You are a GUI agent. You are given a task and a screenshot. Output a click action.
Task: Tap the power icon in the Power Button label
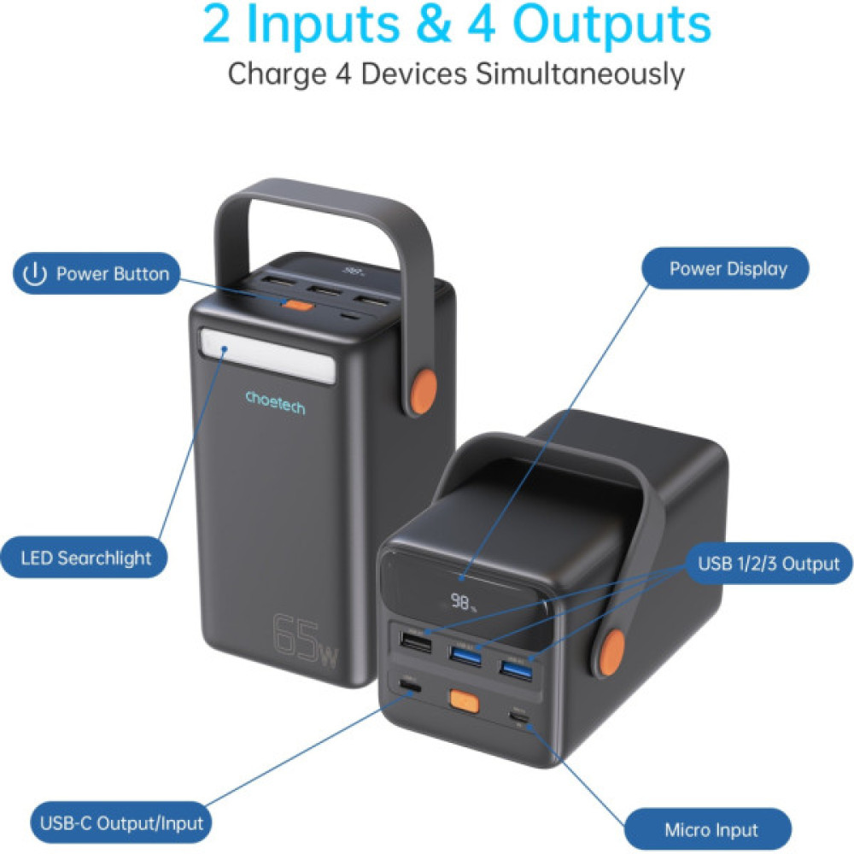(x=34, y=274)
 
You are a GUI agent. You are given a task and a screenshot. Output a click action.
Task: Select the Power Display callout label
(x=727, y=269)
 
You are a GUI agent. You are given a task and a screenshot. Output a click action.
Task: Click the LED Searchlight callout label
(x=85, y=559)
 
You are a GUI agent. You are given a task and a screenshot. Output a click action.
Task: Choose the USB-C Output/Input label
(x=122, y=823)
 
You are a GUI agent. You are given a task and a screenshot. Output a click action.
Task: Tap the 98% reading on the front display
(x=465, y=603)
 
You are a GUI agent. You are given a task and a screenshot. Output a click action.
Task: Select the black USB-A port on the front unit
(x=410, y=640)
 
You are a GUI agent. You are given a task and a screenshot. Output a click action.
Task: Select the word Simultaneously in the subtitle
(x=580, y=74)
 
